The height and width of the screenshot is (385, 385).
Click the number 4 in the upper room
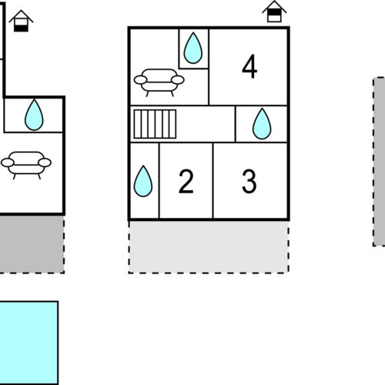click(249, 66)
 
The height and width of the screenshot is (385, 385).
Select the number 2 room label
click(186, 182)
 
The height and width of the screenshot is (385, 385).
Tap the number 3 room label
click(249, 182)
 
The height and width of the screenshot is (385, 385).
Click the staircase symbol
click(156, 123)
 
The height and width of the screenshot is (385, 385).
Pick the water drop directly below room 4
click(262, 123)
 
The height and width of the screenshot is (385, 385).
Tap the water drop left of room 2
click(143, 182)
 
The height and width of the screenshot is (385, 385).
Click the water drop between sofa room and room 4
click(193, 48)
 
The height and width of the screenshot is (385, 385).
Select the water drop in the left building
click(34, 115)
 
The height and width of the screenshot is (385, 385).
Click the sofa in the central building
click(159, 79)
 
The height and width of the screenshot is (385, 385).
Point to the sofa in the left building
click(26, 164)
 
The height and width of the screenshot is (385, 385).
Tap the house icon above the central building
click(273, 12)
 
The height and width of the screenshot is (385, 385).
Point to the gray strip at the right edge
click(380, 161)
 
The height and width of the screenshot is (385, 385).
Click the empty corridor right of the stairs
click(206, 123)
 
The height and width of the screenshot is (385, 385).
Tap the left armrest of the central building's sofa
click(139, 79)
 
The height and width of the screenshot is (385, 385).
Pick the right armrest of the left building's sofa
click(45, 162)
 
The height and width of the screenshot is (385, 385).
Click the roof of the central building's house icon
click(273, 6)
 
